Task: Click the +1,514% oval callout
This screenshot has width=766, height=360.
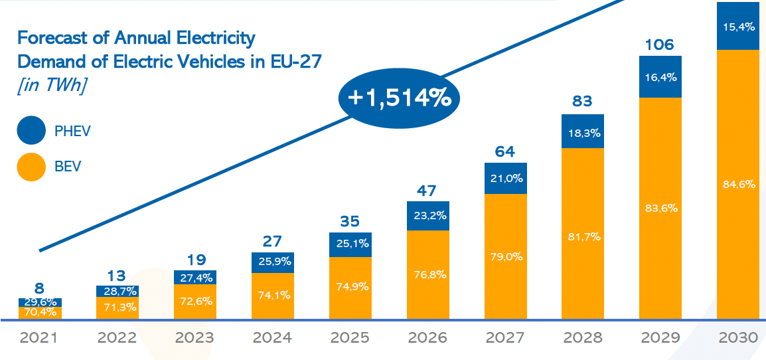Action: [x=399, y=98]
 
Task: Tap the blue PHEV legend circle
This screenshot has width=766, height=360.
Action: [x=31, y=131]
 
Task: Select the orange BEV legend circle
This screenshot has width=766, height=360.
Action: [x=31, y=166]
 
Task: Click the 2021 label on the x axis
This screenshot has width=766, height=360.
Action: [x=38, y=338]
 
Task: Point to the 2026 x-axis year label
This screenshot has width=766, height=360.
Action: [x=427, y=338]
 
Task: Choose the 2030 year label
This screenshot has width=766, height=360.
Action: [x=738, y=338]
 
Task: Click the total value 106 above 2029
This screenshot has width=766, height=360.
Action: [x=660, y=45]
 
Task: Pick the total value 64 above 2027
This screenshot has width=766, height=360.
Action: [x=505, y=152]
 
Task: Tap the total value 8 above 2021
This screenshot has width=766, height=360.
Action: [x=39, y=289]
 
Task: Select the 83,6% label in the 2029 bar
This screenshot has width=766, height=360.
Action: [x=660, y=208]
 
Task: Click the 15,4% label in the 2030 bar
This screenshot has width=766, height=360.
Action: [x=737, y=26]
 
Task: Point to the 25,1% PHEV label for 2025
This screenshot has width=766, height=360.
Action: [x=350, y=244]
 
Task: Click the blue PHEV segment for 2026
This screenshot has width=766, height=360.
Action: [x=427, y=216]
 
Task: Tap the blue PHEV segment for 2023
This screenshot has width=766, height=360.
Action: [x=194, y=277]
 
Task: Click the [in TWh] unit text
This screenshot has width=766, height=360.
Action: [x=50, y=86]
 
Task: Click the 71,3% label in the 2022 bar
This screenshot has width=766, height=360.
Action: [x=117, y=308]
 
